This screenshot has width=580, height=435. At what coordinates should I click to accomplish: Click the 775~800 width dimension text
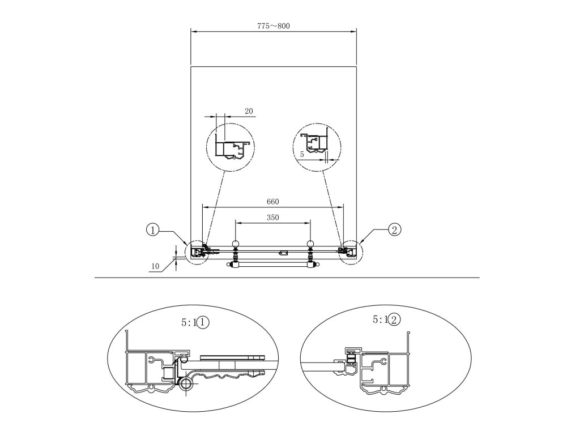click(x=273, y=25)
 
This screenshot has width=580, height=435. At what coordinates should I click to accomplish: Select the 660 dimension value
click(x=273, y=202)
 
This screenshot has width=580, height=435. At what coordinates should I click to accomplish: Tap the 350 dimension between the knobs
click(x=273, y=217)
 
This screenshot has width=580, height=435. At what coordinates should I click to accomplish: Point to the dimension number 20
click(x=249, y=112)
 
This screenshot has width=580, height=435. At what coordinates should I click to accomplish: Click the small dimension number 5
click(x=302, y=154)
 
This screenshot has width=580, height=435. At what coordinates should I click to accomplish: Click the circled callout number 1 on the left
click(x=152, y=230)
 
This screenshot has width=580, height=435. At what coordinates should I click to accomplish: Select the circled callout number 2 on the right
click(x=395, y=229)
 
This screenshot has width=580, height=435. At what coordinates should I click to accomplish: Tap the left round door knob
click(x=236, y=245)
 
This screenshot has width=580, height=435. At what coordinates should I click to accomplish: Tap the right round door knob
click(x=310, y=245)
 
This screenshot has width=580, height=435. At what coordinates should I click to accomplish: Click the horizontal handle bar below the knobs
click(x=273, y=264)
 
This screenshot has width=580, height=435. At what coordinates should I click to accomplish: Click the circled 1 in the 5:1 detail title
click(x=205, y=322)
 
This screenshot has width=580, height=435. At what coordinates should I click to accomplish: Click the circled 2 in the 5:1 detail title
click(x=395, y=319)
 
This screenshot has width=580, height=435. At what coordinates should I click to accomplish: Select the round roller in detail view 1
click(x=186, y=386)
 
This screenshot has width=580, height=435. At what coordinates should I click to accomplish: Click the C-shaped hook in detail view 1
click(x=152, y=359)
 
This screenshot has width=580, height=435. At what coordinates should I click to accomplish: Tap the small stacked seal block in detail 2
click(x=352, y=359)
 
